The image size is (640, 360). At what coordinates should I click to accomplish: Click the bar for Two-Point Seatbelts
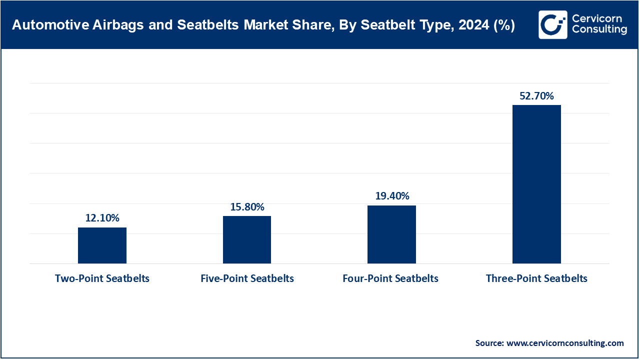[x=102, y=245]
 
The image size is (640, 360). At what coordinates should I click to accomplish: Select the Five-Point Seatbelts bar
[x=247, y=239]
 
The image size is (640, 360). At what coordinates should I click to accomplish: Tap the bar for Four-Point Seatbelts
[x=391, y=234]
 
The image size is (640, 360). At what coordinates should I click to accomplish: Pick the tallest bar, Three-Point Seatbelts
[x=536, y=184]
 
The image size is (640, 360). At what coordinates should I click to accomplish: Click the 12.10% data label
[x=102, y=218]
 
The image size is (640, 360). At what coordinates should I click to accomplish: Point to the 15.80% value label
[x=247, y=206]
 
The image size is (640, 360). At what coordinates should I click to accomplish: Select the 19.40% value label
[x=392, y=195]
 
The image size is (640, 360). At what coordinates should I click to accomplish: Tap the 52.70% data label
[x=536, y=96]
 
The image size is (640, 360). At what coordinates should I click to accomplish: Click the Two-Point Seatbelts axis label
[x=102, y=278]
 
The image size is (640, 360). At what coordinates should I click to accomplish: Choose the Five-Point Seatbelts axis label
[x=247, y=278]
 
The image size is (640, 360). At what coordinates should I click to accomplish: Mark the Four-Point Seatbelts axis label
[x=390, y=278]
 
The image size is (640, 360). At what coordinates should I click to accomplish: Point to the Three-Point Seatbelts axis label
[x=536, y=278]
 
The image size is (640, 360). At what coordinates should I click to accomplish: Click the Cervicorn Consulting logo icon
[x=552, y=24]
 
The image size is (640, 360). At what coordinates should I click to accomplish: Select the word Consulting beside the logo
[x=599, y=30]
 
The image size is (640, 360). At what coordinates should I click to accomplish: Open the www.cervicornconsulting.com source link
[x=565, y=343]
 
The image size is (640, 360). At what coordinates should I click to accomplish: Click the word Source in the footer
[x=489, y=343]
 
